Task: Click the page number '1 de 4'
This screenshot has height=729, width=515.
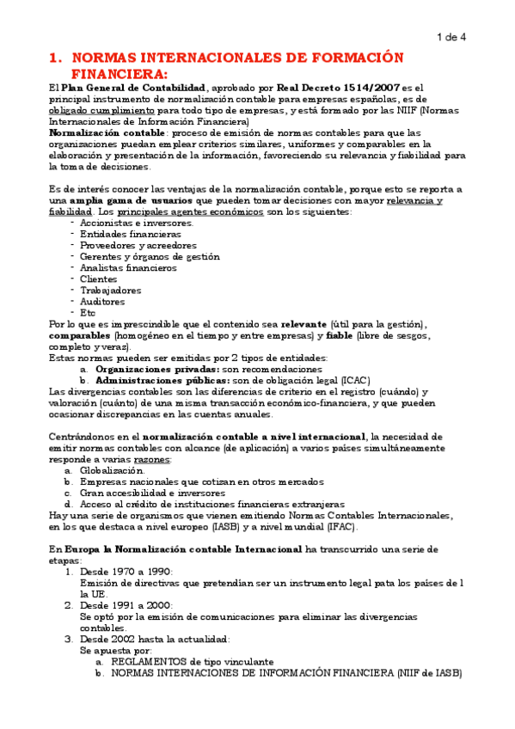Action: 451,37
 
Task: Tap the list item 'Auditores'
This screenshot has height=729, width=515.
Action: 102,302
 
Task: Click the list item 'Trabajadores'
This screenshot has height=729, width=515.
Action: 110,291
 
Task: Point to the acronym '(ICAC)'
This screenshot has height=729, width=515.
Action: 355,380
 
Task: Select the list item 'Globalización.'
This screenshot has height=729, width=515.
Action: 113,471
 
